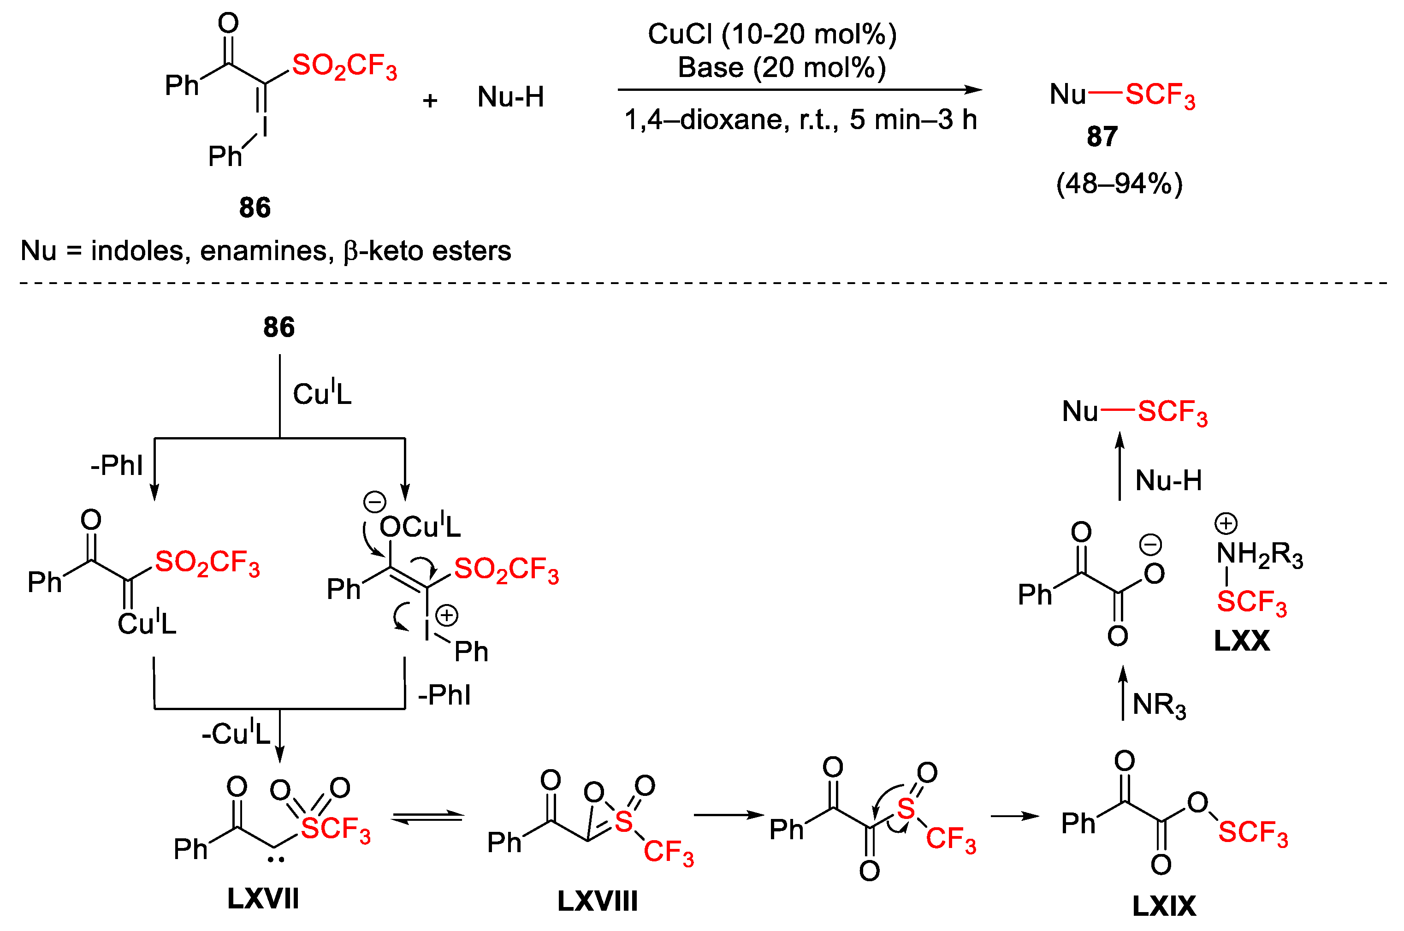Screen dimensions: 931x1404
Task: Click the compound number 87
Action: (1102, 136)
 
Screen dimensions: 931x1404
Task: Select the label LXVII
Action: (263, 898)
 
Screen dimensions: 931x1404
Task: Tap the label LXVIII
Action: (597, 901)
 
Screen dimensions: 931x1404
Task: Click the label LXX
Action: (1241, 640)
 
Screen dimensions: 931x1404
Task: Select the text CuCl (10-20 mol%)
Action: (772, 34)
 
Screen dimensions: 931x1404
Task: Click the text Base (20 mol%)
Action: (782, 68)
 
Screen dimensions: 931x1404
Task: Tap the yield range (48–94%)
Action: (1119, 184)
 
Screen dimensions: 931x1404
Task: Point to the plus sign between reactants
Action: (430, 101)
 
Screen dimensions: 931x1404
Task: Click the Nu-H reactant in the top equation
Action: (510, 97)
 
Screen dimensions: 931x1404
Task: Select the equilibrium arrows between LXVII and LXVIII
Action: (427, 818)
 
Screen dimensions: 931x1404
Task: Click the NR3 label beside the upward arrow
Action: (1159, 705)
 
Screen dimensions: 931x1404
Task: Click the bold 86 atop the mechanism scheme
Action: (279, 327)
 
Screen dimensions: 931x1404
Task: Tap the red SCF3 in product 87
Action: (1160, 95)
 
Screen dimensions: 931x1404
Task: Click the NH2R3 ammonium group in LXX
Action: (1259, 554)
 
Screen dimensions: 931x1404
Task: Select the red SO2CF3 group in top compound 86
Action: (344, 65)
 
